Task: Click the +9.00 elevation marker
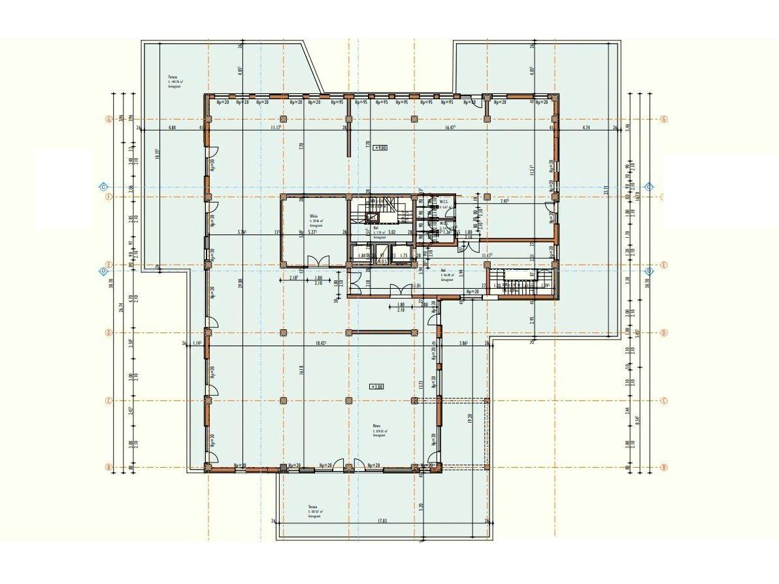tap(380, 148)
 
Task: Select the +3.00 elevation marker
tap(377, 387)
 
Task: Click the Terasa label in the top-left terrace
tap(173, 78)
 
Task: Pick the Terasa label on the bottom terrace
tap(314, 507)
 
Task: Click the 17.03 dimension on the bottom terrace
tap(382, 521)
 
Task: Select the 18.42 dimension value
tap(320, 343)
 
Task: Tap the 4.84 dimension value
tap(173, 128)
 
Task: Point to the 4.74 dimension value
tap(586, 128)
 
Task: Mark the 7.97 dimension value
tap(505, 201)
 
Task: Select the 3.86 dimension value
tap(463, 343)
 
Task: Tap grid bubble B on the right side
tap(663, 467)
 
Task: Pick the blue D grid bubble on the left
tap(103, 271)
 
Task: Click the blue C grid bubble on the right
tap(649, 187)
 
